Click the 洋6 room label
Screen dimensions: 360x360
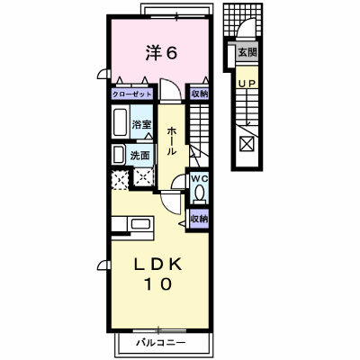pyautogui.click(x=161, y=53)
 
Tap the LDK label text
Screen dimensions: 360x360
pyautogui.click(x=158, y=265)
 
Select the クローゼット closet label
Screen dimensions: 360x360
pyautogui.click(x=132, y=94)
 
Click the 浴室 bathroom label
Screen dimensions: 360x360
pyautogui.click(x=141, y=124)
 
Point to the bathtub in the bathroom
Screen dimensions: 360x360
pyautogui.click(x=121, y=122)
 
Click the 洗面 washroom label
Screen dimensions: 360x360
pyautogui.click(x=139, y=156)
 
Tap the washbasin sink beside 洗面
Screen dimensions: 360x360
pyautogui.click(x=118, y=155)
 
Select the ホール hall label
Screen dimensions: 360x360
pyautogui.click(x=171, y=141)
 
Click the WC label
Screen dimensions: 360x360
pyautogui.click(x=200, y=178)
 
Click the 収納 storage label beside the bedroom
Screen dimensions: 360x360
pyautogui.click(x=200, y=94)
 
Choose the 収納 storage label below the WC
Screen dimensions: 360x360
pyautogui.click(x=200, y=219)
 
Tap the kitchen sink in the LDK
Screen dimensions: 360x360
pyautogui.click(x=140, y=224)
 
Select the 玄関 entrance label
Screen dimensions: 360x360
pyautogui.click(x=247, y=52)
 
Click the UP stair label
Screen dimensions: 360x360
pyautogui.click(x=247, y=84)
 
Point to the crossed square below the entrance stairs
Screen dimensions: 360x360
pyautogui.click(x=247, y=143)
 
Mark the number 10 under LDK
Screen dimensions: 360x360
pyautogui.click(x=158, y=283)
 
